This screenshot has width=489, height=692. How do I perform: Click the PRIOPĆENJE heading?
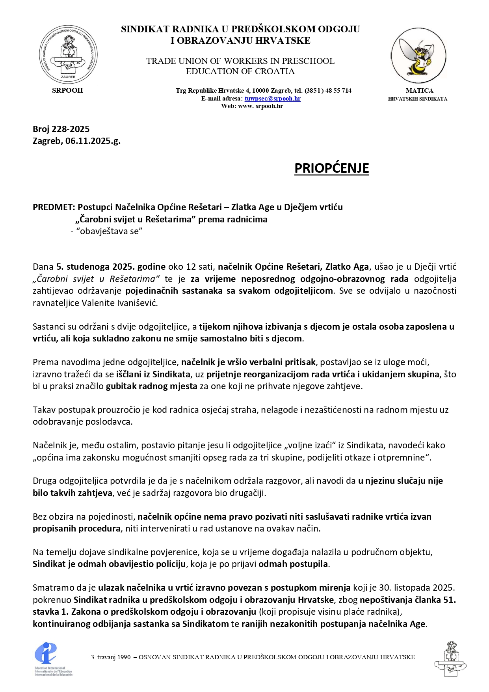tap(331, 168)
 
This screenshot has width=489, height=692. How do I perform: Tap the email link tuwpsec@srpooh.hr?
tap(272, 99)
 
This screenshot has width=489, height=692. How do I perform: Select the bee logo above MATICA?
tap(418, 55)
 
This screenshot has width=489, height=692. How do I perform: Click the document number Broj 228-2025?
tap(61, 129)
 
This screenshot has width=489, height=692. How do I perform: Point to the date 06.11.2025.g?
tap(93, 141)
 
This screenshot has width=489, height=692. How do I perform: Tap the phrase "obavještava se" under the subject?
tap(109, 231)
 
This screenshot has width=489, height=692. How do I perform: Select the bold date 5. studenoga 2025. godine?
tap(111, 267)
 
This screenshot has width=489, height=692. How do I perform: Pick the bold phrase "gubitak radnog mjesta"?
tap(151, 386)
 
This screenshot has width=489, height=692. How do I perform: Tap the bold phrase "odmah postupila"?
tap(293, 564)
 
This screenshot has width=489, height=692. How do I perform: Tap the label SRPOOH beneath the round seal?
tap(67, 90)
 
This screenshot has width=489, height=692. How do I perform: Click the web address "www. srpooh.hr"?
tap(260, 106)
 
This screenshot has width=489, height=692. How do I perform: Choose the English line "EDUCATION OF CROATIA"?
tap(240, 71)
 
